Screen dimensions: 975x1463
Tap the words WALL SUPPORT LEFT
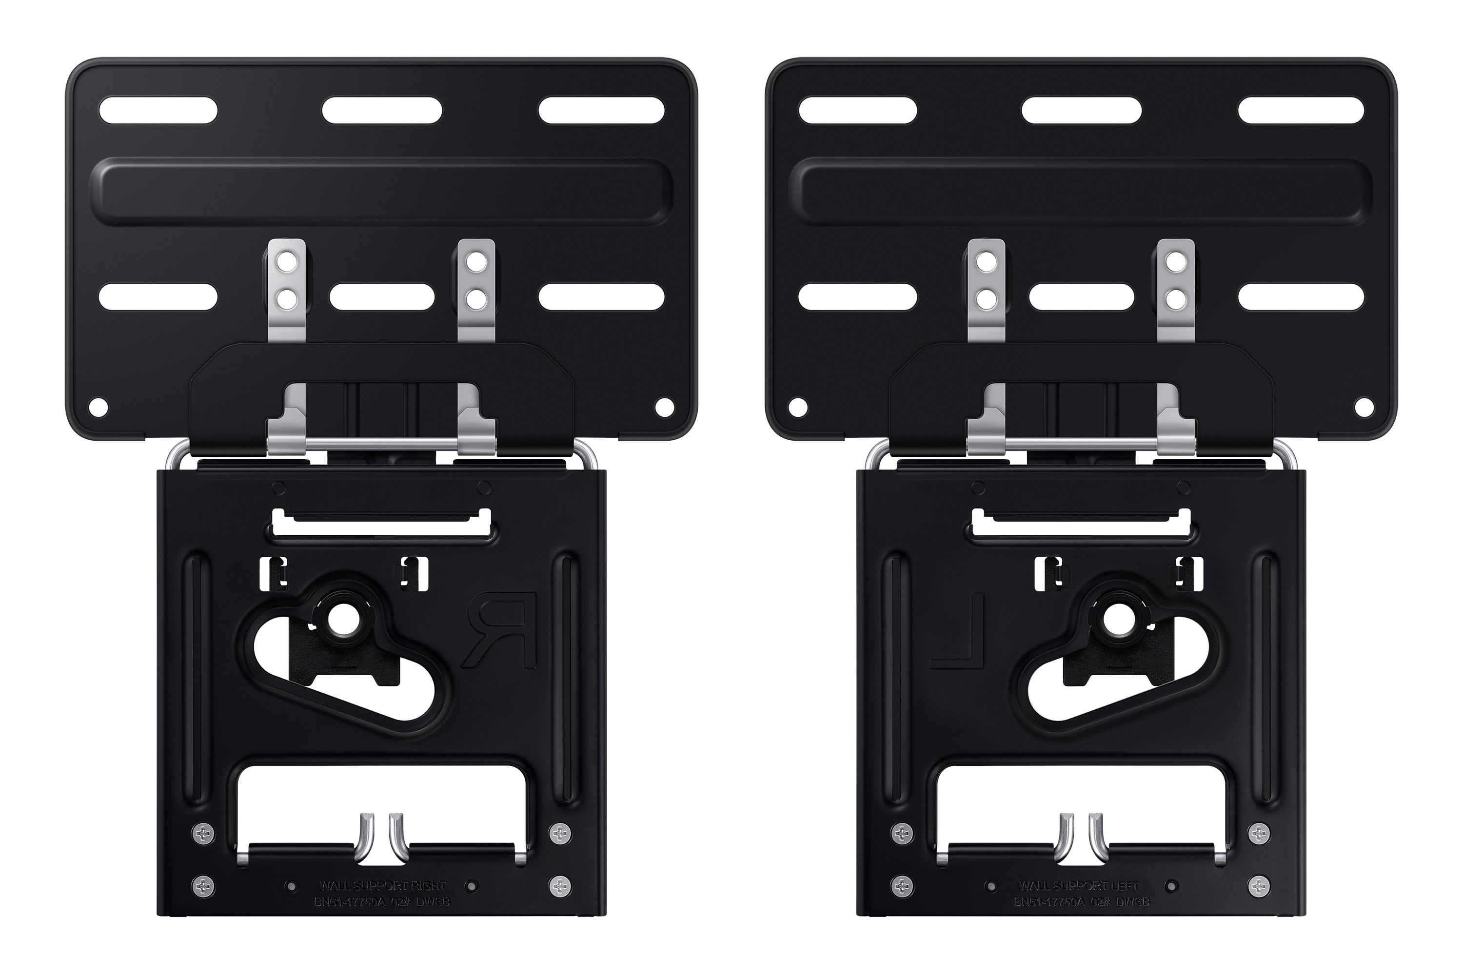coord(1079,885)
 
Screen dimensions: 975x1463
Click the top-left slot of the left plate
coord(158,111)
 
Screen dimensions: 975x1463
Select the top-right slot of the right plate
coord(1301,111)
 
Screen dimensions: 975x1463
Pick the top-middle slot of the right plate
coord(1081,111)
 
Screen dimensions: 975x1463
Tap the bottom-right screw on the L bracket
coord(1260,884)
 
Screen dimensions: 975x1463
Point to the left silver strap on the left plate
coord(287,290)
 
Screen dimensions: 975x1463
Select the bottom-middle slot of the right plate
coord(1081,296)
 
